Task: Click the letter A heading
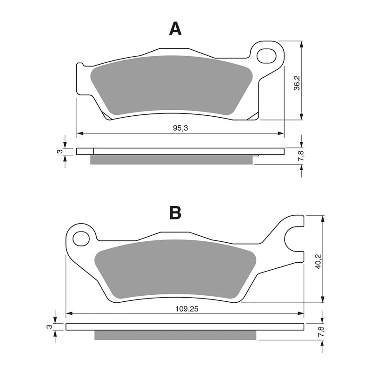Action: pyautogui.click(x=175, y=29)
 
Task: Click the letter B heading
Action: pyautogui.click(x=175, y=213)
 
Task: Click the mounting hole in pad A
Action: pyautogui.click(x=266, y=56)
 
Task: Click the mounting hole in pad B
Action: pyautogui.click(x=81, y=239)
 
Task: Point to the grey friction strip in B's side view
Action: pyautogui.click(x=175, y=335)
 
